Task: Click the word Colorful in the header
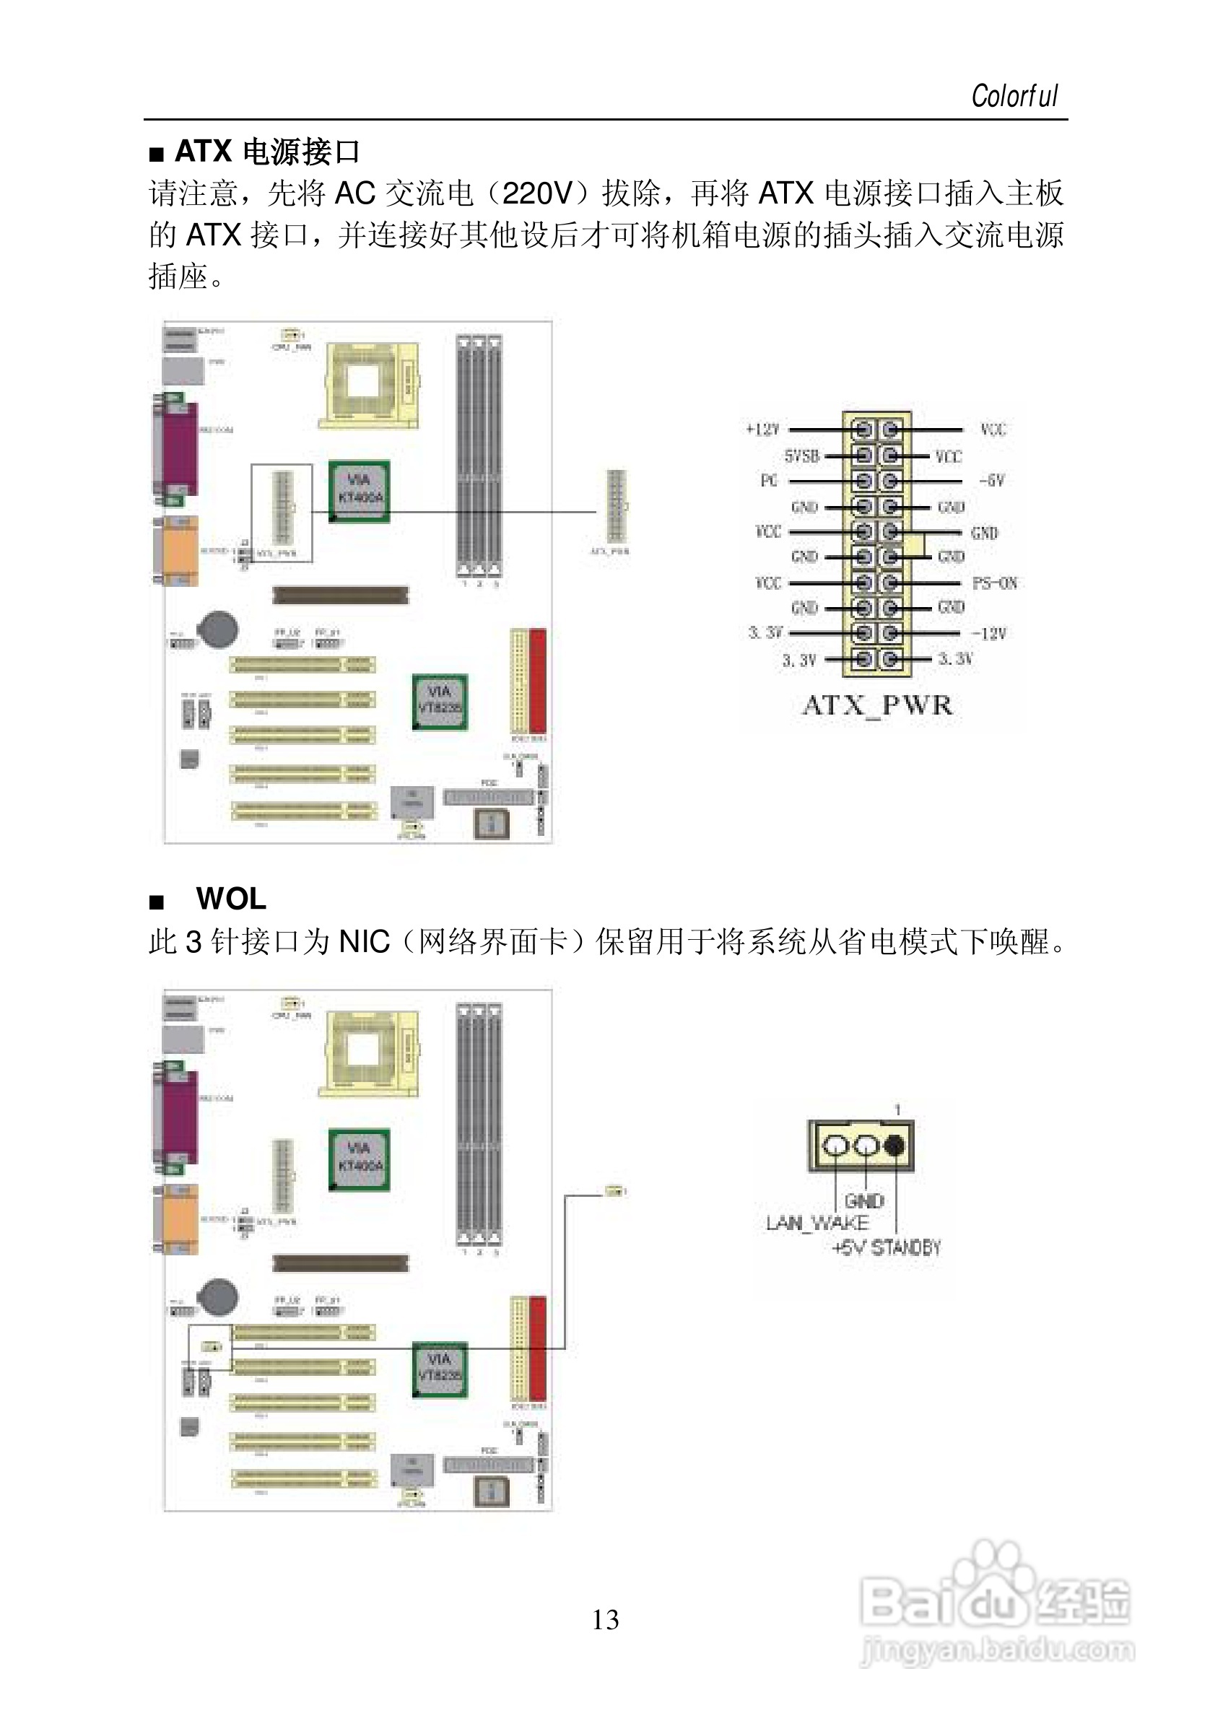point(1014,97)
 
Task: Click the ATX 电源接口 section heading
point(266,152)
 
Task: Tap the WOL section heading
point(230,899)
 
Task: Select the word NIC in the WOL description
point(365,942)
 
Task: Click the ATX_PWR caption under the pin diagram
point(877,706)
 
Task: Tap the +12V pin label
point(762,429)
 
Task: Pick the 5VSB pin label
point(801,455)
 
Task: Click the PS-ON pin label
point(994,583)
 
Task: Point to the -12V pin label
point(988,634)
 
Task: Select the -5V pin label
point(991,480)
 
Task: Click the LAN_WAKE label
point(817,1224)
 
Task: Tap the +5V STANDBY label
point(886,1247)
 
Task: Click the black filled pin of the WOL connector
point(895,1146)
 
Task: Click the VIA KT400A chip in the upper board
point(360,490)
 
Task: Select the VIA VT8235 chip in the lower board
point(439,1372)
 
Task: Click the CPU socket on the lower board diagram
point(368,1052)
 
